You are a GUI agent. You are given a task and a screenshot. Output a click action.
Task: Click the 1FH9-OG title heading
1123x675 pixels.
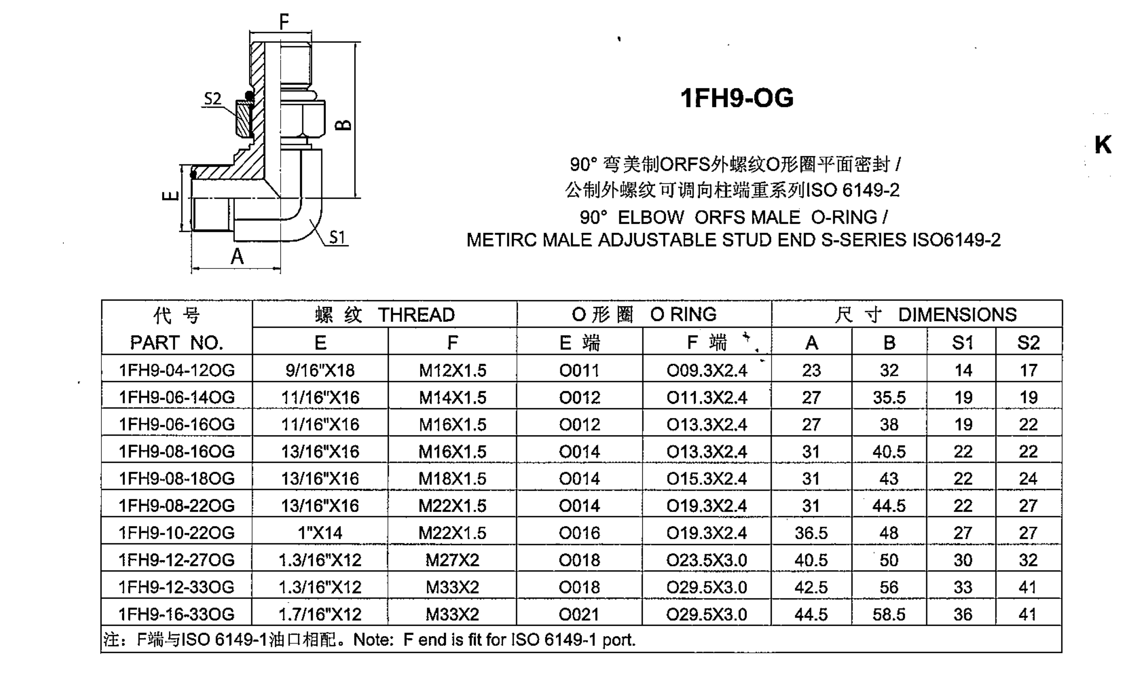coord(736,98)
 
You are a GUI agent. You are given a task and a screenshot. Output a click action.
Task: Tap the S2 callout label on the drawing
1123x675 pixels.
coord(212,99)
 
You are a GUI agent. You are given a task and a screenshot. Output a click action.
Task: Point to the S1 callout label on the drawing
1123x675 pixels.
coord(337,237)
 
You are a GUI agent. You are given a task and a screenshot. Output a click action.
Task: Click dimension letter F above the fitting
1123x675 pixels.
coord(284,21)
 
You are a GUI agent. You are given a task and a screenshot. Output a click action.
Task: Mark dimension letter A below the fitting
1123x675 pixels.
coord(237,257)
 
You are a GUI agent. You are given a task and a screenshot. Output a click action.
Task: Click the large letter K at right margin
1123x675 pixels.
coord(1103,145)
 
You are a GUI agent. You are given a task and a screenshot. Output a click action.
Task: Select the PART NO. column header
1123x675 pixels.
coord(177,343)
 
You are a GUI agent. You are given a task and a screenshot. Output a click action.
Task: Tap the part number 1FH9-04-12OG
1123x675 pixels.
coord(177,370)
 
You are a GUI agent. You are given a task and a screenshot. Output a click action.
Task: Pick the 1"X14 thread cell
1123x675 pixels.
coord(320,533)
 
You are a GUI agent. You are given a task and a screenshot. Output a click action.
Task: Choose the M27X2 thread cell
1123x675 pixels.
coord(452,560)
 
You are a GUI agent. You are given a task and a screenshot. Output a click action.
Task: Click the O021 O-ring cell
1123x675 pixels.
coord(579,614)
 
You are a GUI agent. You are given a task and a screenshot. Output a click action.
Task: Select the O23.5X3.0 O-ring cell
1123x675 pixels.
coord(707,560)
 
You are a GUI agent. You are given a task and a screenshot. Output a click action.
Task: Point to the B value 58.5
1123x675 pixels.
coord(889,614)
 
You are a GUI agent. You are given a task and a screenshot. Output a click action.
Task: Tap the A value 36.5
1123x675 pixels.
coord(811,533)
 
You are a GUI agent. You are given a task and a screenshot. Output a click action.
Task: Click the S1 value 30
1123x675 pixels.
coord(963,560)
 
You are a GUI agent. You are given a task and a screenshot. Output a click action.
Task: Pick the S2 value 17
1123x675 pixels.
coord(1028,370)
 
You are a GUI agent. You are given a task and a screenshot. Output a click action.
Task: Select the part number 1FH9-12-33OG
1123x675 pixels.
coord(177,587)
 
